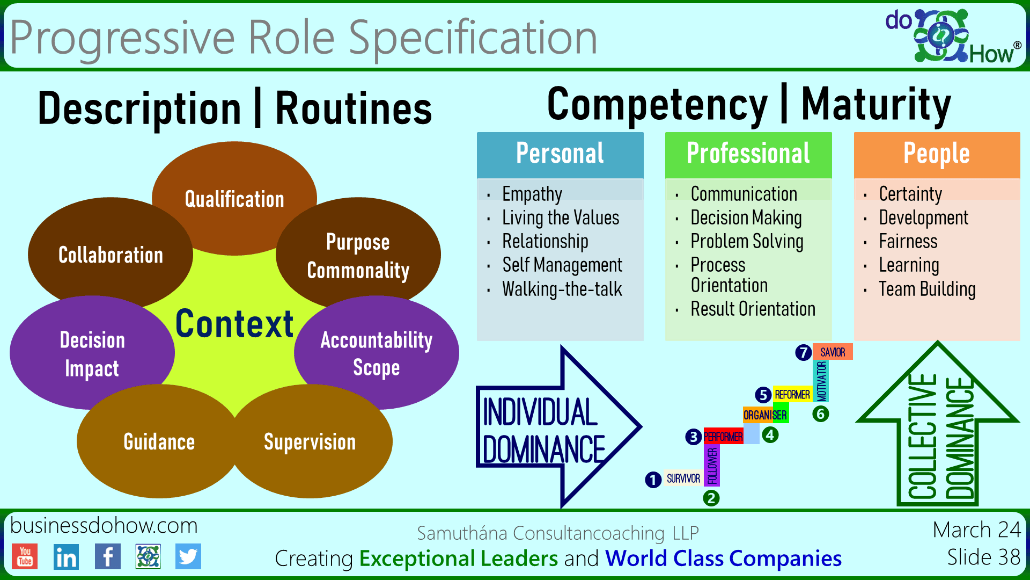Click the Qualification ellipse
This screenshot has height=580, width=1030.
[x=234, y=199]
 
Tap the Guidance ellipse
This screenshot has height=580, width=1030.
[x=159, y=442]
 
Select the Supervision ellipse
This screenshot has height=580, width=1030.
[x=310, y=442]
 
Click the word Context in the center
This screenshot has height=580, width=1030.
[x=234, y=324]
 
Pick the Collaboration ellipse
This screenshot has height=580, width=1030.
[x=111, y=255]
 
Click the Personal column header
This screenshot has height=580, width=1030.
[x=560, y=154]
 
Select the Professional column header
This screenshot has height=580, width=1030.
[x=748, y=154]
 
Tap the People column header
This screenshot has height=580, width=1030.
[x=937, y=154]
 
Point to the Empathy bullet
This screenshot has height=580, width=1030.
[x=532, y=194]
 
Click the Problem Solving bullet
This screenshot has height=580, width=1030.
[x=747, y=242]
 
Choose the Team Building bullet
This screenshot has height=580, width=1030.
[x=927, y=289]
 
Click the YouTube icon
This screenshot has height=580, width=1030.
[x=25, y=556]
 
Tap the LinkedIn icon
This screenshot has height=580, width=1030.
[x=66, y=557]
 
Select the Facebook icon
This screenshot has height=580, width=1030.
[x=107, y=556]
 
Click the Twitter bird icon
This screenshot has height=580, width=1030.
[x=188, y=556]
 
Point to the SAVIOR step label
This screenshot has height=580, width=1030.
[x=833, y=352]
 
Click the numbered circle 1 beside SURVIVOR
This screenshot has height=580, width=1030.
[x=653, y=480]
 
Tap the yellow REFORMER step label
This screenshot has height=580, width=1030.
[x=792, y=395]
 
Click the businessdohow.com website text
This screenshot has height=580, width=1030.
[x=104, y=526]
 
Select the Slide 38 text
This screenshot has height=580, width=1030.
[x=983, y=557]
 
